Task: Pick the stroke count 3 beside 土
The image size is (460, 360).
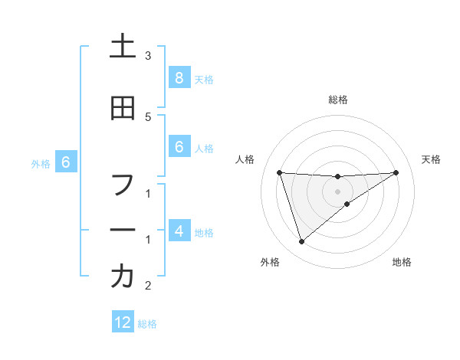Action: tap(148, 56)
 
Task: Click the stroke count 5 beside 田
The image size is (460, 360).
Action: tap(148, 116)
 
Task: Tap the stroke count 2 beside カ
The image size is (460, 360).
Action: tap(148, 286)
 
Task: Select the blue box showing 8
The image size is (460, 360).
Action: tap(179, 77)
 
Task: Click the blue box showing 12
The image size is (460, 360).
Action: tap(123, 322)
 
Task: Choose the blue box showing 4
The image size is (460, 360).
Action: tap(179, 230)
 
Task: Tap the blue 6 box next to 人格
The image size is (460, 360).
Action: tap(179, 147)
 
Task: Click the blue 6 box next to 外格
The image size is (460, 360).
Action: tap(66, 162)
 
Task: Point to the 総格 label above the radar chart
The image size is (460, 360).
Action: tap(338, 100)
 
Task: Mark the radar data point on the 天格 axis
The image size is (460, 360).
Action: tap(396, 172)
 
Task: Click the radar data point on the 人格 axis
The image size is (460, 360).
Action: tap(280, 172)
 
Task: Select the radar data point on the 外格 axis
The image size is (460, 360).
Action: tap(301, 242)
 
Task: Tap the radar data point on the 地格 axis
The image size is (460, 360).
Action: tap(347, 204)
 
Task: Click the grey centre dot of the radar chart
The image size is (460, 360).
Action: tap(337, 191)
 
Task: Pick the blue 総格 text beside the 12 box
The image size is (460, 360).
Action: tap(147, 324)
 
